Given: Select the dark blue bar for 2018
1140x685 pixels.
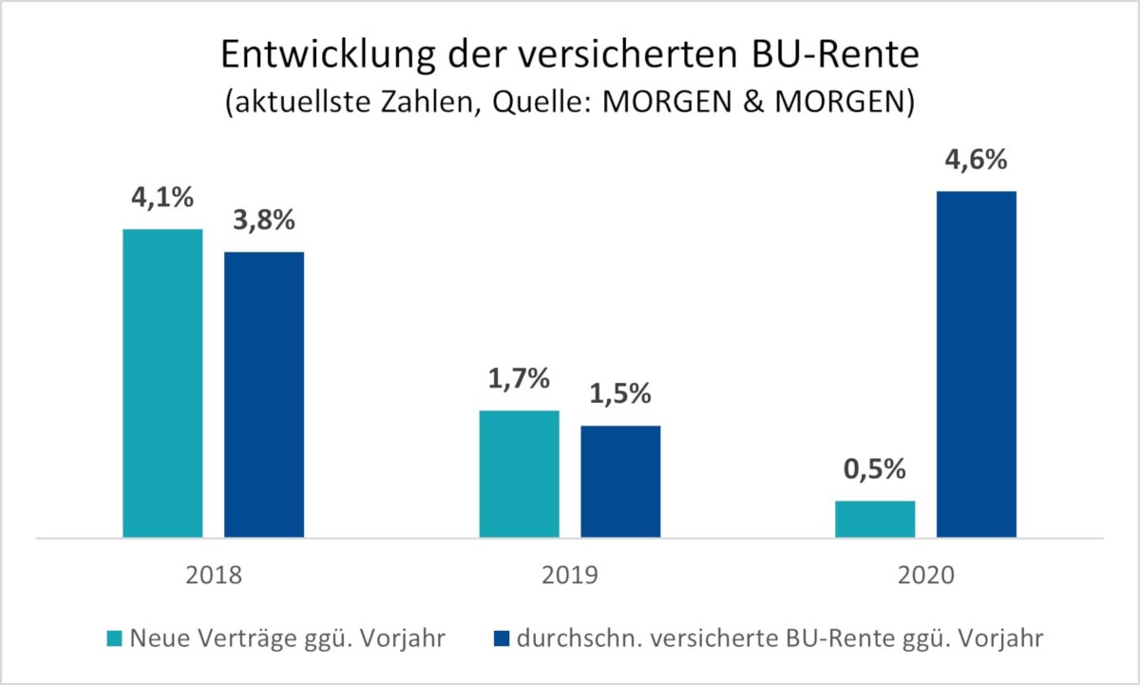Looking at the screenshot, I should [264, 394].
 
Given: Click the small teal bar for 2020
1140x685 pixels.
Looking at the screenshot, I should [875, 519].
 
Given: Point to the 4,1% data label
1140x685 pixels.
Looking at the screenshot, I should [162, 200].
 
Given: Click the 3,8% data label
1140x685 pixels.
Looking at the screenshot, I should [264, 222].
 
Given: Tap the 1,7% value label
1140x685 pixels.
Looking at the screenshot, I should [519, 381].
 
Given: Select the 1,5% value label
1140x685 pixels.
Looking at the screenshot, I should [620, 396].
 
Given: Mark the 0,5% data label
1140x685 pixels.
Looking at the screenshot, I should [875, 471].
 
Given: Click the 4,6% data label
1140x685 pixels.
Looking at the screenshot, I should [977, 162].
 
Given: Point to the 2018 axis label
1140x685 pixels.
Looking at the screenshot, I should [213, 576].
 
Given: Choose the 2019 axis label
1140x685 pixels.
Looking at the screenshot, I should [569, 576].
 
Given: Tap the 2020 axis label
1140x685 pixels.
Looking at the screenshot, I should [925, 576].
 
